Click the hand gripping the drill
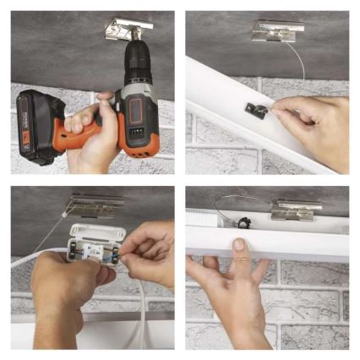pos(94,127)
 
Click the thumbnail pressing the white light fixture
pos(241,244)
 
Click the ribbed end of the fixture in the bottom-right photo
pos(199,216)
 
